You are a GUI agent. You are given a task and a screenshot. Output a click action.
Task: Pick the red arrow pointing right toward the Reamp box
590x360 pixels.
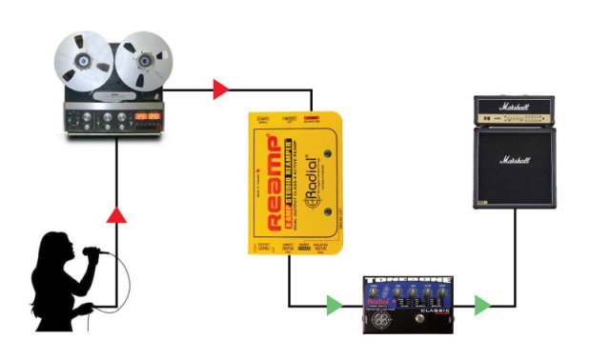(x=220, y=90)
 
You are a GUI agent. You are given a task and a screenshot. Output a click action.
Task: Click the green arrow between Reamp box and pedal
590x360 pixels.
(x=333, y=306)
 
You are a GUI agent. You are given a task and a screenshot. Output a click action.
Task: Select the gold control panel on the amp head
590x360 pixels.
(x=514, y=120)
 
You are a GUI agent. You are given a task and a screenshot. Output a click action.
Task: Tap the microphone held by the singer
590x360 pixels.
(x=91, y=253)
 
